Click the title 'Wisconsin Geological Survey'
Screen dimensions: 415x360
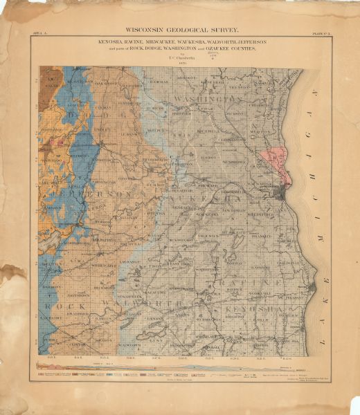coord(180,30)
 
